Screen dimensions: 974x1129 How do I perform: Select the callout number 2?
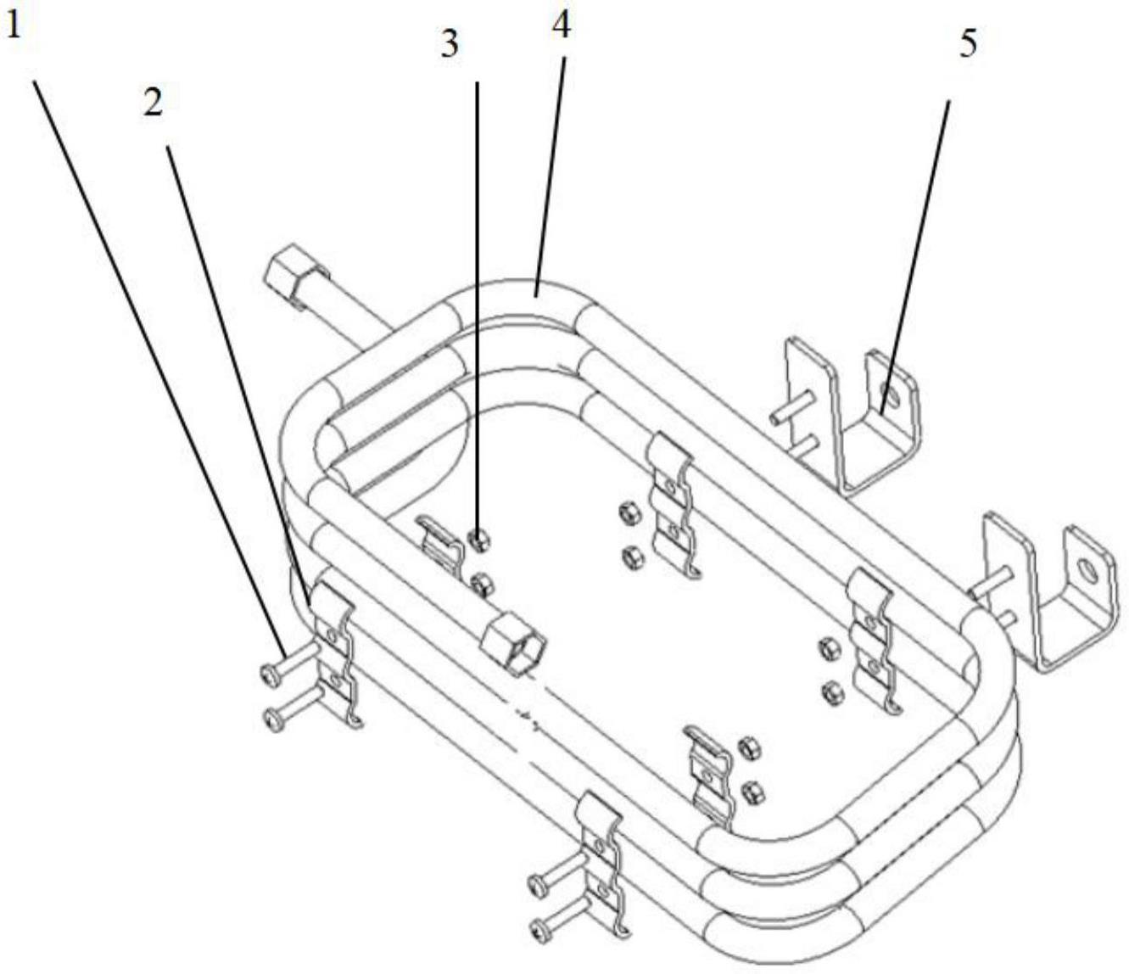point(153,104)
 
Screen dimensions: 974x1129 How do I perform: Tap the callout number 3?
point(450,45)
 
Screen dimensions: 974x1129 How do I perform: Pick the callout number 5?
point(968,44)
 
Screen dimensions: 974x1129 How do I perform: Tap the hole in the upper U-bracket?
point(888,393)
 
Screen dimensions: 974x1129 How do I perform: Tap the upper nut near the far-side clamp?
point(629,510)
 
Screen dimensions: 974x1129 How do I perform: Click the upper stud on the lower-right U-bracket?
point(994,579)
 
